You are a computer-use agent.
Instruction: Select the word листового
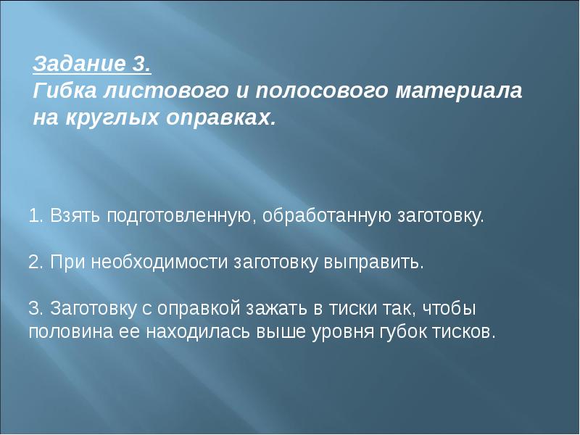(165, 91)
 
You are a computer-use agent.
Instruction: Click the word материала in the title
(459, 91)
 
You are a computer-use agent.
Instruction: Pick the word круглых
(112, 118)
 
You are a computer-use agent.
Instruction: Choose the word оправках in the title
(220, 118)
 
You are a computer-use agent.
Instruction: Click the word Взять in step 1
(75, 215)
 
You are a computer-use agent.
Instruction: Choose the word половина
(70, 332)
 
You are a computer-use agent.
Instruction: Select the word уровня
(342, 333)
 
